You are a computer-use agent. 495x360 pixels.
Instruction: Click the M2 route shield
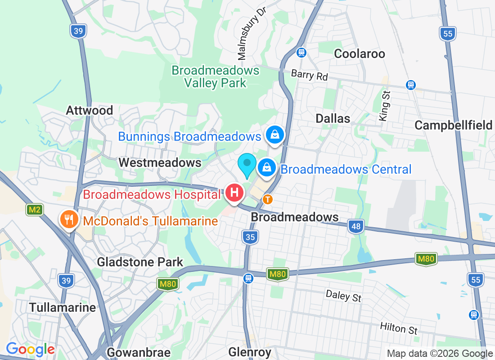pyautogui.click(x=34, y=210)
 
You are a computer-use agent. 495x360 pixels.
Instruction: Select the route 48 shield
pyautogui.click(x=356, y=226)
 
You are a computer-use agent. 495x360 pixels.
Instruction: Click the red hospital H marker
pyautogui.click(x=234, y=193)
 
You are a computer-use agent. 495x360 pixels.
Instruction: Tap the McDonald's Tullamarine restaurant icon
pyautogui.click(x=68, y=220)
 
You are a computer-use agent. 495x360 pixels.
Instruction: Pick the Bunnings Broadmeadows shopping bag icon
pyautogui.click(x=274, y=134)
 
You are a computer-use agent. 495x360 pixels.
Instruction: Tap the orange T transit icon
pyautogui.click(x=268, y=198)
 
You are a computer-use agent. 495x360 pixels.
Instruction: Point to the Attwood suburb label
pyautogui.click(x=90, y=110)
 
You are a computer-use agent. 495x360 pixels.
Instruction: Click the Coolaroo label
pyautogui.click(x=360, y=54)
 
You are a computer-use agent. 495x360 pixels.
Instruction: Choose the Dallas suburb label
pyautogui.click(x=333, y=118)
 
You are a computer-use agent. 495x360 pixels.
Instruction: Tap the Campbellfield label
pyautogui.click(x=453, y=125)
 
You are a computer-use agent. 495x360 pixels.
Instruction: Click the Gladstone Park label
pyautogui.click(x=140, y=262)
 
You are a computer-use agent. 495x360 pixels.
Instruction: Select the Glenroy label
pyautogui.click(x=250, y=352)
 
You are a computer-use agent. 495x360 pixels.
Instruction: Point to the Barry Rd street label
pyautogui.click(x=310, y=75)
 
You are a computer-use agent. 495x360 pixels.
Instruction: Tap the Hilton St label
pyautogui.click(x=399, y=328)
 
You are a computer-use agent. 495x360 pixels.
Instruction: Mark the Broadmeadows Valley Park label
pyautogui.click(x=216, y=76)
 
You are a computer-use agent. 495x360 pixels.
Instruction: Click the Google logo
pyautogui.click(x=30, y=349)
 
